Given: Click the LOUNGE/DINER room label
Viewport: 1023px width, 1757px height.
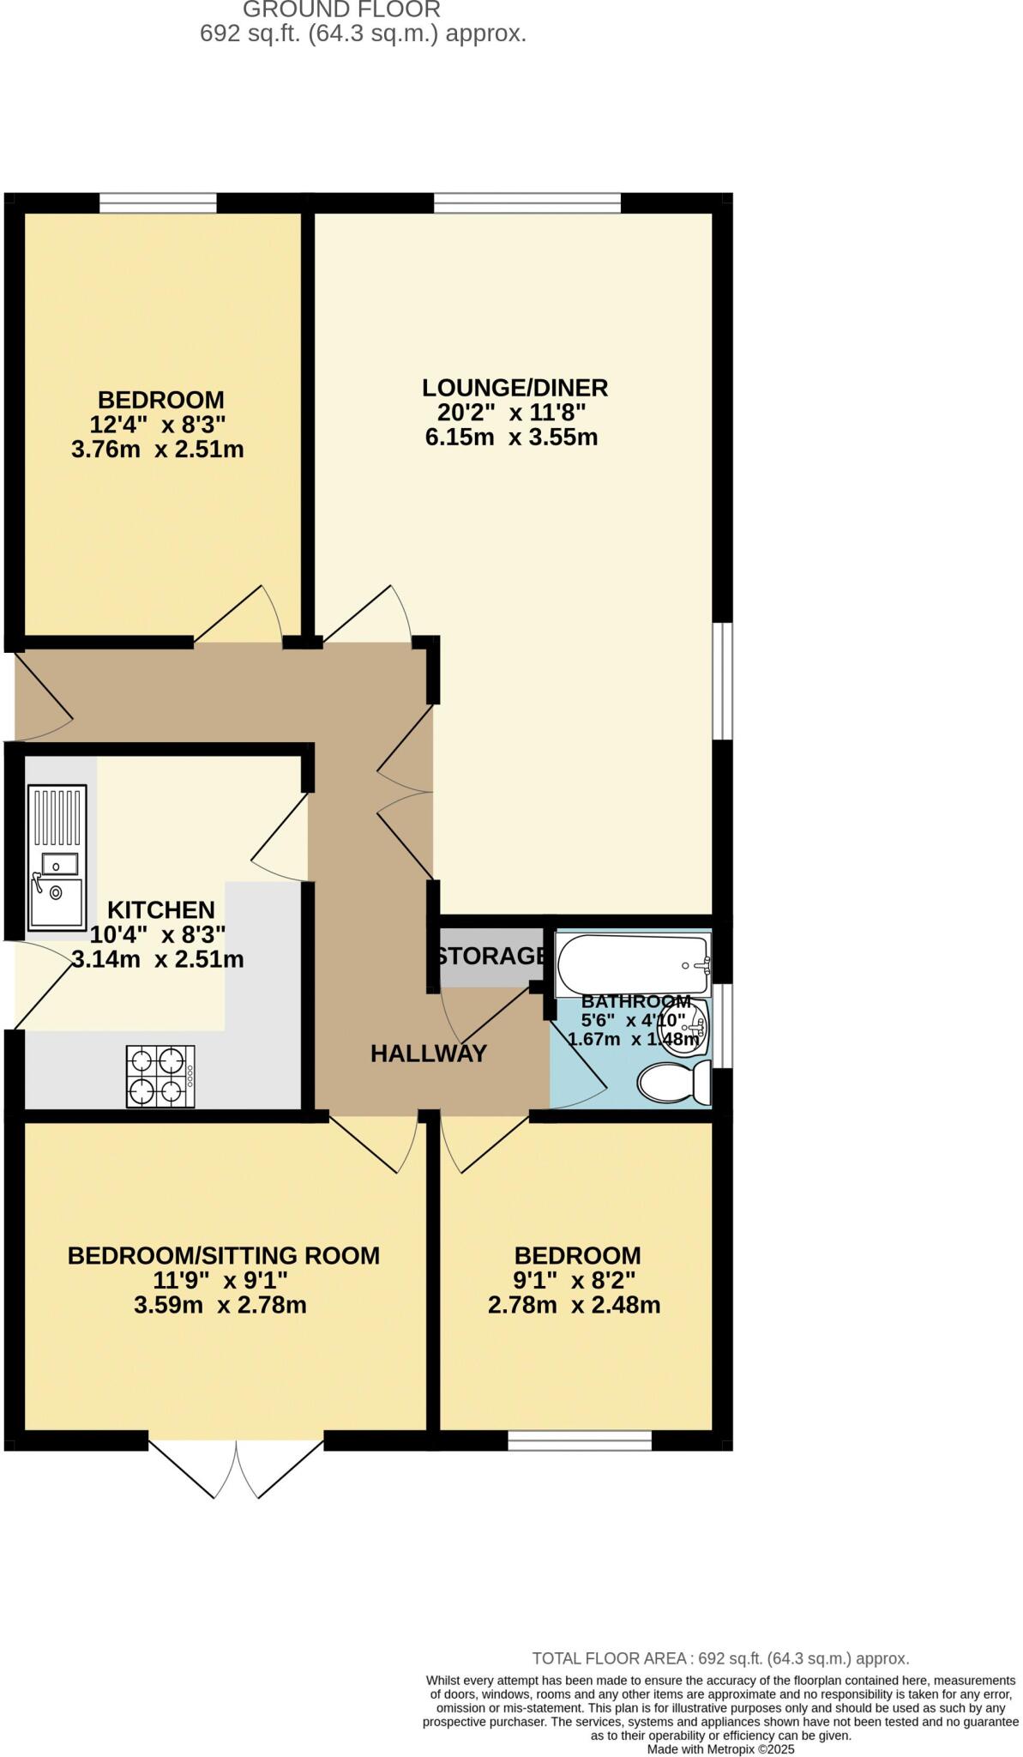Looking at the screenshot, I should coord(515,388).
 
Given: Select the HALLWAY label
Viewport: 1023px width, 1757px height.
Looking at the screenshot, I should coord(429,1054).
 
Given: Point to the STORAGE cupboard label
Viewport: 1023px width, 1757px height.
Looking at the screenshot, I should coord(490,956).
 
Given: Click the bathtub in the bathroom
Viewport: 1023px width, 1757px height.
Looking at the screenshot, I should coord(633,964).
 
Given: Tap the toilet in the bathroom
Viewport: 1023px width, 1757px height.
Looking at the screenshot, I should coord(675,1083).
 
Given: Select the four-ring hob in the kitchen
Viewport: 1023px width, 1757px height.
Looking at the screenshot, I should coord(160,1076).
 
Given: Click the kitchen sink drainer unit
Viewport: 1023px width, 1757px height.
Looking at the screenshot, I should coord(57,858).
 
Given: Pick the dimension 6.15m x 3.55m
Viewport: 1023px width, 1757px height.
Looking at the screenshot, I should coord(511,438).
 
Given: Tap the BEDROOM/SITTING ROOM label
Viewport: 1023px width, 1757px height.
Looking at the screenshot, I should coord(224,1256).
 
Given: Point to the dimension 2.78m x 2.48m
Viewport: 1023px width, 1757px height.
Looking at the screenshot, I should coord(574,1306).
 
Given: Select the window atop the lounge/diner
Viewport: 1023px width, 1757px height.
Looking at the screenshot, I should coord(527,203).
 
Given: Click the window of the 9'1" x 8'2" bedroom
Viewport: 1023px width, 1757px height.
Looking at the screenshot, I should coord(580,1440).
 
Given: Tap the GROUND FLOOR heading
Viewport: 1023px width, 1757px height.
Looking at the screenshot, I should coord(341,10).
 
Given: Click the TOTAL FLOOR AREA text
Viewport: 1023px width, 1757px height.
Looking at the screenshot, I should coord(720,1658).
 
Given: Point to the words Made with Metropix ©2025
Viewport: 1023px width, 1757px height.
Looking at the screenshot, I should coord(720,1748).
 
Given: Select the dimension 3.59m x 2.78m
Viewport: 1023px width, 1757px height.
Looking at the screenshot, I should coord(220,1306).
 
